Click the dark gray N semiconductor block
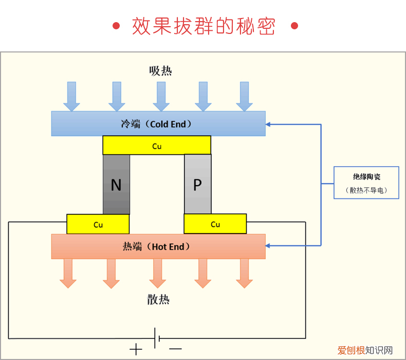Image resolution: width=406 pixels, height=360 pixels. pos(116,184)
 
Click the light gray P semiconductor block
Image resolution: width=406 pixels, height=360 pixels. pos(197,184)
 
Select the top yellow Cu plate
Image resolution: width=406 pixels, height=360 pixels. pos(157,146)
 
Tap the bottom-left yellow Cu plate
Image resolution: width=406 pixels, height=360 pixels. pos(98,224)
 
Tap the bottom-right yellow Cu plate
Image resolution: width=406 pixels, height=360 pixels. pos(215,224)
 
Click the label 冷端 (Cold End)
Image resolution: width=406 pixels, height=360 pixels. pos(156,124)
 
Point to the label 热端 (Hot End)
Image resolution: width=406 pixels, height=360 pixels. pos(156,247)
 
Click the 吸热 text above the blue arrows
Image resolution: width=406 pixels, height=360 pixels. pos(160,71)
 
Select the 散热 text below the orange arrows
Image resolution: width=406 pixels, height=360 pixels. pos(158,300)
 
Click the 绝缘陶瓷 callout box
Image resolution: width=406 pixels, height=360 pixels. pos(366,183)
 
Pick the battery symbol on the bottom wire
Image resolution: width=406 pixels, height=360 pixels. pos(157,338)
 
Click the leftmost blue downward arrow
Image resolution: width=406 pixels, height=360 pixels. pos(72,97)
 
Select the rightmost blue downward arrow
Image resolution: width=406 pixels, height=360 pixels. pos(245,97)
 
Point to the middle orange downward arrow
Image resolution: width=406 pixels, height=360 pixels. pos(157,273)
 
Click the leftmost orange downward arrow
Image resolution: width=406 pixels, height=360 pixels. pos(68,273)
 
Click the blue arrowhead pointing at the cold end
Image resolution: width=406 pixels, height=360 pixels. pos(269,124)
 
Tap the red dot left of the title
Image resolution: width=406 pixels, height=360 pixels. pos(116,26)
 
